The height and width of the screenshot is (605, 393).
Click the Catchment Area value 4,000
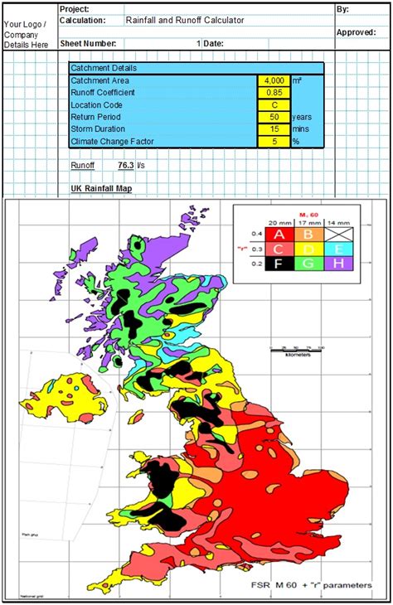[x=274, y=81]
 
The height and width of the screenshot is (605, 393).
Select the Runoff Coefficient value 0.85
[x=274, y=94]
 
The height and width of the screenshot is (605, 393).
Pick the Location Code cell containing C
[x=274, y=105]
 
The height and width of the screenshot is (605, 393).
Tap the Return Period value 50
[x=274, y=118]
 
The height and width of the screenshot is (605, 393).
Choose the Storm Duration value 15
[x=274, y=129]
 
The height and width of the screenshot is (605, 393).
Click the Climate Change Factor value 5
[x=274, y=142]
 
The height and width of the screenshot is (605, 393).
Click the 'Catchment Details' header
[x=104, y=69]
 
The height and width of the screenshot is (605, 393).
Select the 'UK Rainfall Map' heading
[x=100, y=190]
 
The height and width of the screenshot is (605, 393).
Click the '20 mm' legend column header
[x=279, y=222]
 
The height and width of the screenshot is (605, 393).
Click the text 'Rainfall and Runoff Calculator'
[x=185, y=19]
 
